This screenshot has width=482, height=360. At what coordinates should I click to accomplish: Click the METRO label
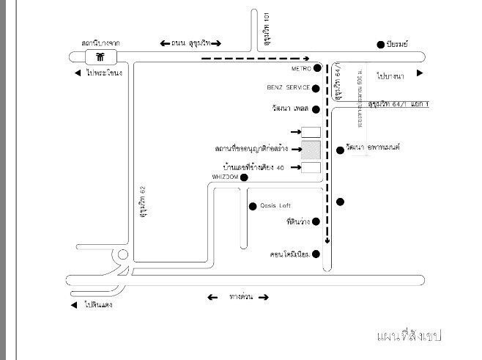tap(301, 69)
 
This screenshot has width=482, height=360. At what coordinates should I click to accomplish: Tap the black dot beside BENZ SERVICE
tap(316, 88)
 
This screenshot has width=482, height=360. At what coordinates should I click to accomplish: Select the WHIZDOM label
tap(225, 177)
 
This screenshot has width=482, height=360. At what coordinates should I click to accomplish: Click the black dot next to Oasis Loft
tap(252, 205)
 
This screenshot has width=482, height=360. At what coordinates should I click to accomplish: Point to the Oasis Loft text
tap(275, 205)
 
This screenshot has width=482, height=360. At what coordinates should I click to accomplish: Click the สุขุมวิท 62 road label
tap(144, 203)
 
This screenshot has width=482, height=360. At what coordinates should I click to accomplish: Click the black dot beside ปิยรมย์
tap(380, 45)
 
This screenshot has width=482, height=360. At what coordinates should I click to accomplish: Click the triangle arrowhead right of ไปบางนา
tap(420, 73)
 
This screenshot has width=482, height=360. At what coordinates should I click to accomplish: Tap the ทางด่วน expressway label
tap(237, 297)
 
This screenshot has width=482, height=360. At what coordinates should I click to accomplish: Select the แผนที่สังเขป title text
tap(409, 335)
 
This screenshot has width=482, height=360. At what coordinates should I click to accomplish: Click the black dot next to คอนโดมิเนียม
tap(316, 254)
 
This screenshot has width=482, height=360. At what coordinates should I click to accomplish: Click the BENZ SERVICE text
tap(289, 88)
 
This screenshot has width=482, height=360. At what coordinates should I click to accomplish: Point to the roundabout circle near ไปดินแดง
tap(122, 257)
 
